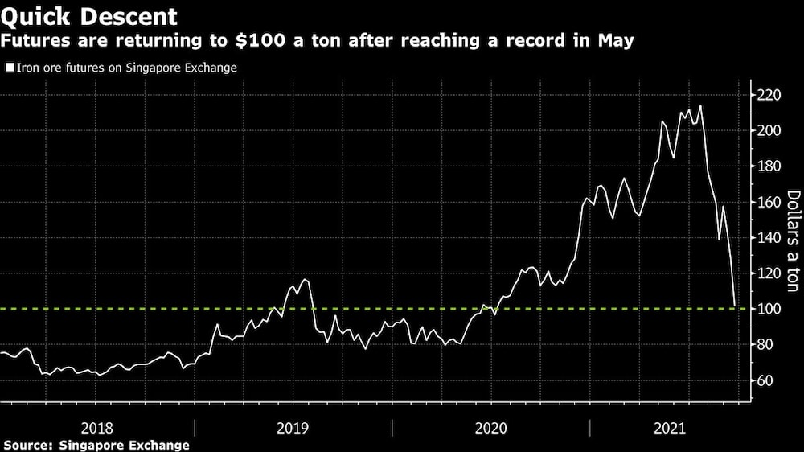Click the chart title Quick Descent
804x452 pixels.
(88, 15)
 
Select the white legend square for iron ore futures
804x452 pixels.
(10, 68)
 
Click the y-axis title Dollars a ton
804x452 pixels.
(792, 241)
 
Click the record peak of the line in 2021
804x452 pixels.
(701, 105)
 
